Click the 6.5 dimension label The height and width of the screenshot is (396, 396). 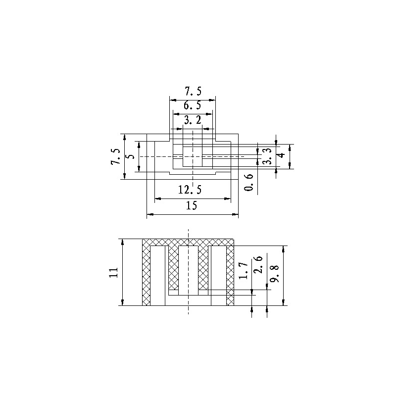pyautogui.click(x=192, y=105)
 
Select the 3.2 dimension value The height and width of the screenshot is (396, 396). pyautogui.click(x=192, y=120)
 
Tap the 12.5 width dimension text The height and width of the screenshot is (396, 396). pyautogui.click(x=192, y=190)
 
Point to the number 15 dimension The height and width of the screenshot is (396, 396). pyautogui.click(x=192, y=206)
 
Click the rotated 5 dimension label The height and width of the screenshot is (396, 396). pyautogui.click(x=131, y=156)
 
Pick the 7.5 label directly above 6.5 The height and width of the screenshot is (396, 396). pyautogui.click(x=193, y=91)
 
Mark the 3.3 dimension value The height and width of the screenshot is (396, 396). pyautogui.click(x=267, y=156)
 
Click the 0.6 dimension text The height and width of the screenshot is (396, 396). pyautogui.click(x=249, y=183)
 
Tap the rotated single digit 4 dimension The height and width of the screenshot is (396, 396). pyautogui.click(x=281, y=156)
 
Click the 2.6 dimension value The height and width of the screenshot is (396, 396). pyautogui.click(x=257, y=265)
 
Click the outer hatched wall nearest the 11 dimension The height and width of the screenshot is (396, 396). pyautogui.click(x=147, y=275)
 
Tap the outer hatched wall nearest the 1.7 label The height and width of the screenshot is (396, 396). pyautogui.click(x=230, y=275)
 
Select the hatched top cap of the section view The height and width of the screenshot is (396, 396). pyautogui.click(x=188, y=242)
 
